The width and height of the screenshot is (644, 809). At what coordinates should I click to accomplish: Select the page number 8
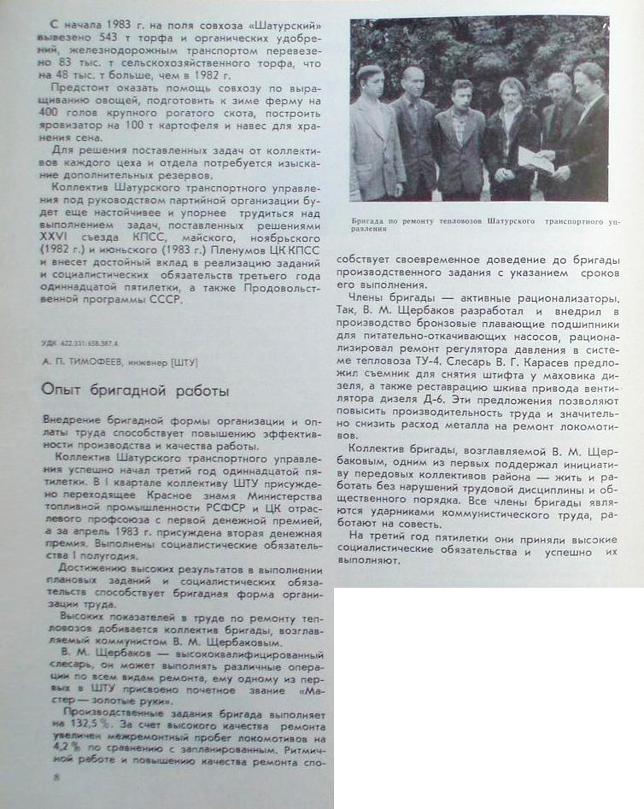(56, 777)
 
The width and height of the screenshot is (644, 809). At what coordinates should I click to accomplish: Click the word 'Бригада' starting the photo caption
(369, 220)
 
